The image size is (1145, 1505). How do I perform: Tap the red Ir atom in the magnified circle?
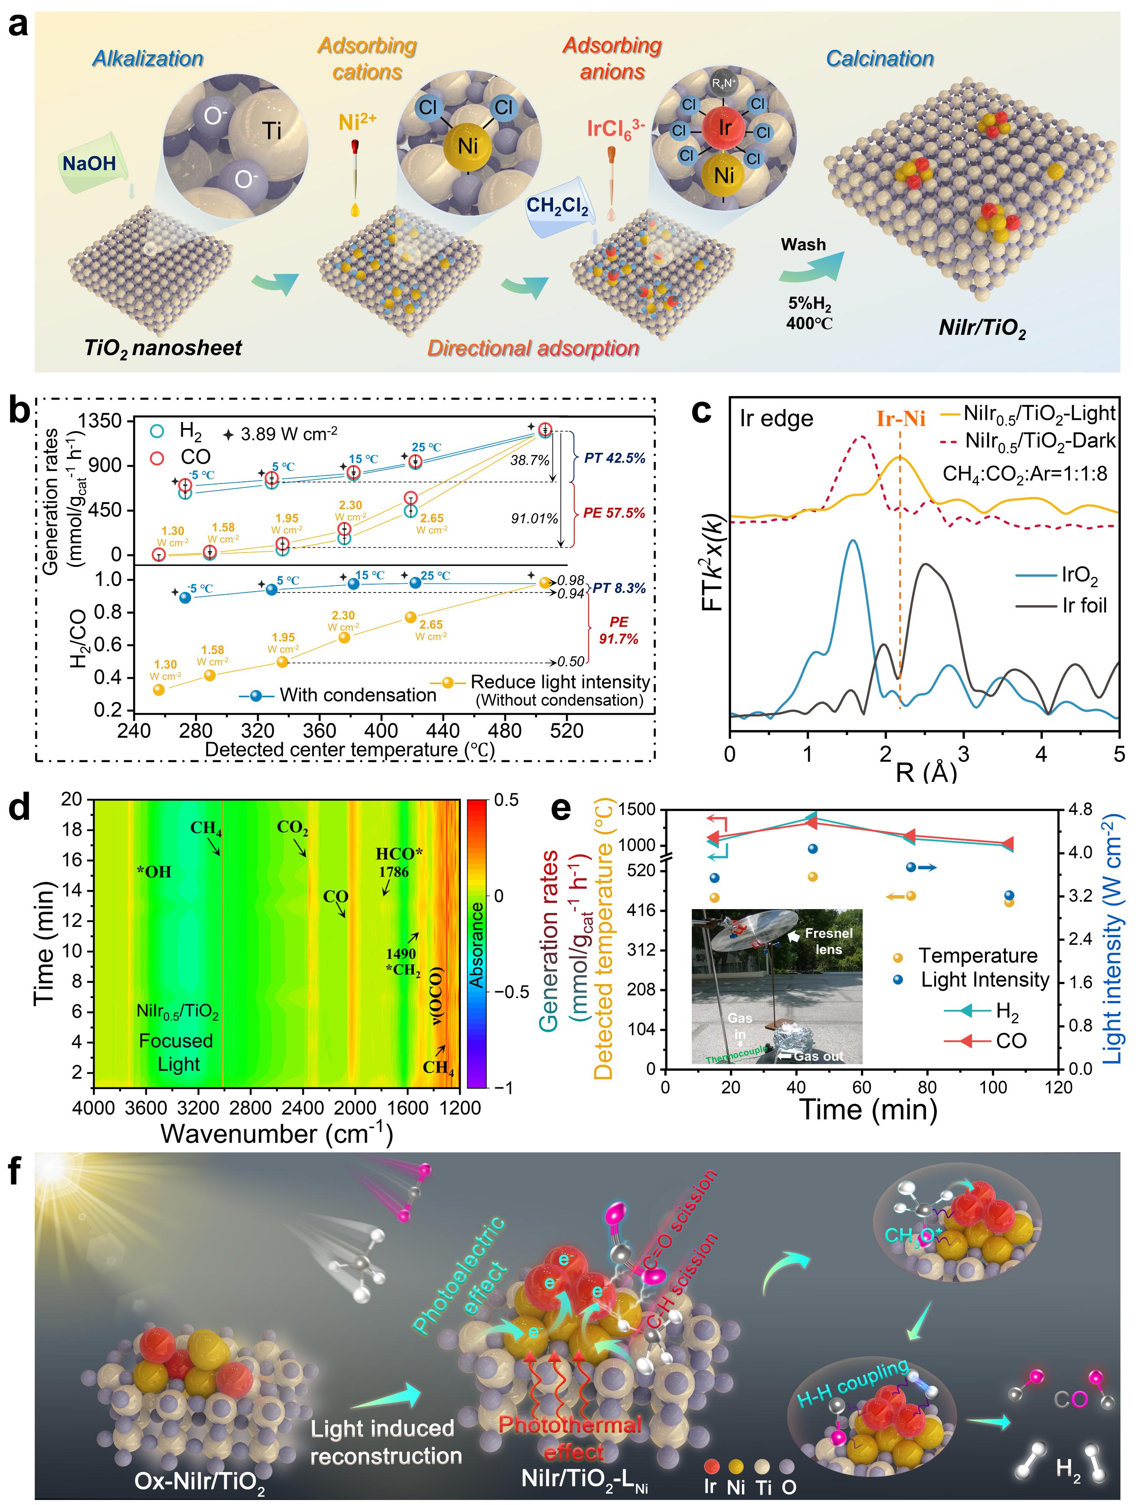[x=724, y=128]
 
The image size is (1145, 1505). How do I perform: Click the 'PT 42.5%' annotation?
[x=615, y=458]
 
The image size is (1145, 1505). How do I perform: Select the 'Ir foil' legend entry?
[x=1084, y=605]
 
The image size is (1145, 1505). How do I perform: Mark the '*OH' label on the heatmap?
[x=154, y=872]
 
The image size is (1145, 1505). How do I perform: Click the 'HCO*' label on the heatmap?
[x=399, y=854]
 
